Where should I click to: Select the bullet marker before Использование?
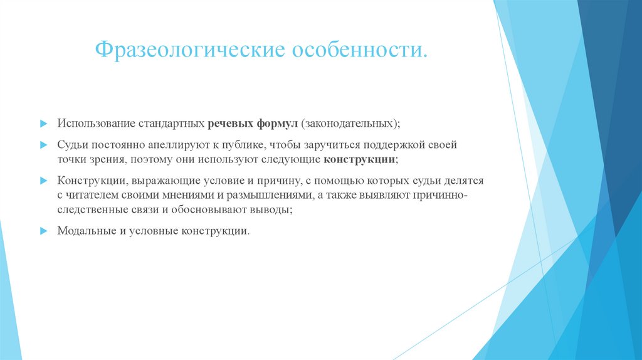pyautogui.click(x=43, y=121)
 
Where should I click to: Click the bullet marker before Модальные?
pyautogui.click(x=43, y=231)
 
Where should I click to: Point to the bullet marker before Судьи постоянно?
pyautogui.click(x=43, y=144)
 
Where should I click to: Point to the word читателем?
pyautogui.click(x=88, y=196)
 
